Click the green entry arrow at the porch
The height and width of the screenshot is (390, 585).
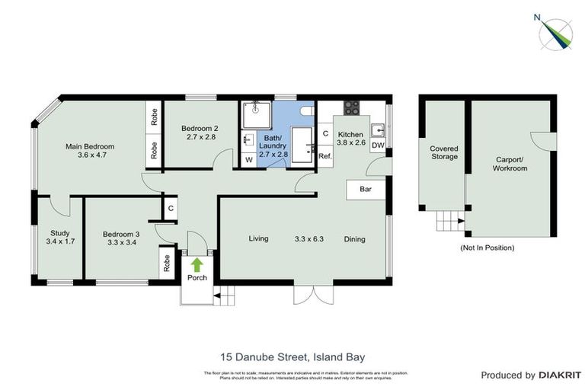[197, 265]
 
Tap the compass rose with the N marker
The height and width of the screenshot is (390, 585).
[555, 33]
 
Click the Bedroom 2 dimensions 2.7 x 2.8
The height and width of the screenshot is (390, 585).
[201, 137]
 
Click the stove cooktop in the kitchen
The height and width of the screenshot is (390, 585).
[352, 109]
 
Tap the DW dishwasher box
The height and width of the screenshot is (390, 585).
[378, 145]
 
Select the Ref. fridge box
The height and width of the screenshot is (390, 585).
[325, 156]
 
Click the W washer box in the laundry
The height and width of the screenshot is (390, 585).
[248, 161]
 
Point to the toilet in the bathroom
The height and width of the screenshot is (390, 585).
[306, 111]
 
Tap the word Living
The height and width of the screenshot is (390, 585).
[259, 239]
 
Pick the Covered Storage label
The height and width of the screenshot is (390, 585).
[443, 152]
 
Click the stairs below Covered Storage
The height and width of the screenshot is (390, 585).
[449, 222]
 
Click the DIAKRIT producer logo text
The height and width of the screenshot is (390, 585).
[560, 375]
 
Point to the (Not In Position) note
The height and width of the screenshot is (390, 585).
[487, 248]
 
